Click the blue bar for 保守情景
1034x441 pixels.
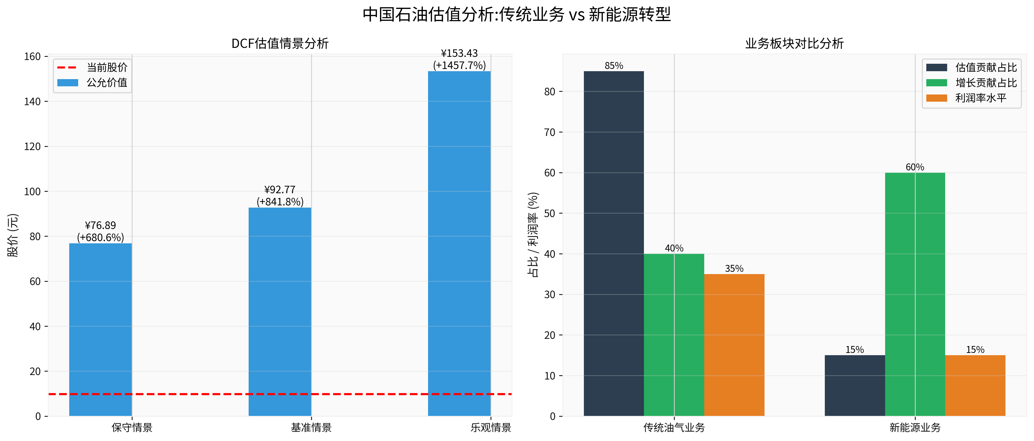click(x=100, y=329)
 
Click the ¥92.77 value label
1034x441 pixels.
click(x=280, y=190)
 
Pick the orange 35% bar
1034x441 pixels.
click(x=734, y=345)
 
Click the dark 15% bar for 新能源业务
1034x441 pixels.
click(x=855, y=385)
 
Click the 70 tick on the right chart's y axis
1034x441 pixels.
click(x=550, y=132)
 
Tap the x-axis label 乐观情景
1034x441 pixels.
click(x=491, y=428)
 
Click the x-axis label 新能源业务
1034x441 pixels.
click(x=915, y=428)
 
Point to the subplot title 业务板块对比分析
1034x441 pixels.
click(x=794, y=43)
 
